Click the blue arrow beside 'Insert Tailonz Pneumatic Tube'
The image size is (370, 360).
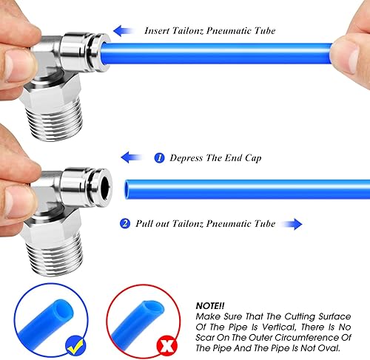[123, 31]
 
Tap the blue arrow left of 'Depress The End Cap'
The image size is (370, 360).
[131, 157]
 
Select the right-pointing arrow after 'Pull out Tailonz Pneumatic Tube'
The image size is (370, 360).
[292, 224]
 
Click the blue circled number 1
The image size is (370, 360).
[159, 157]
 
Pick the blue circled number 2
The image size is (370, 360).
[125, 223]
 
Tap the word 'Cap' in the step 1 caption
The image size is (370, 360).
[253, 158]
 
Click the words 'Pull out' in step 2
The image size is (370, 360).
[152, 223]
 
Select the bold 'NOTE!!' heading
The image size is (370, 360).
[210, 306]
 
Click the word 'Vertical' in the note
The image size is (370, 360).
[279, 327]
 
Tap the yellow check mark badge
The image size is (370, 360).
[75, 346]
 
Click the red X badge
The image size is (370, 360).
[167, 346]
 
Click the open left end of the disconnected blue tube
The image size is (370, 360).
[127, 189]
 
